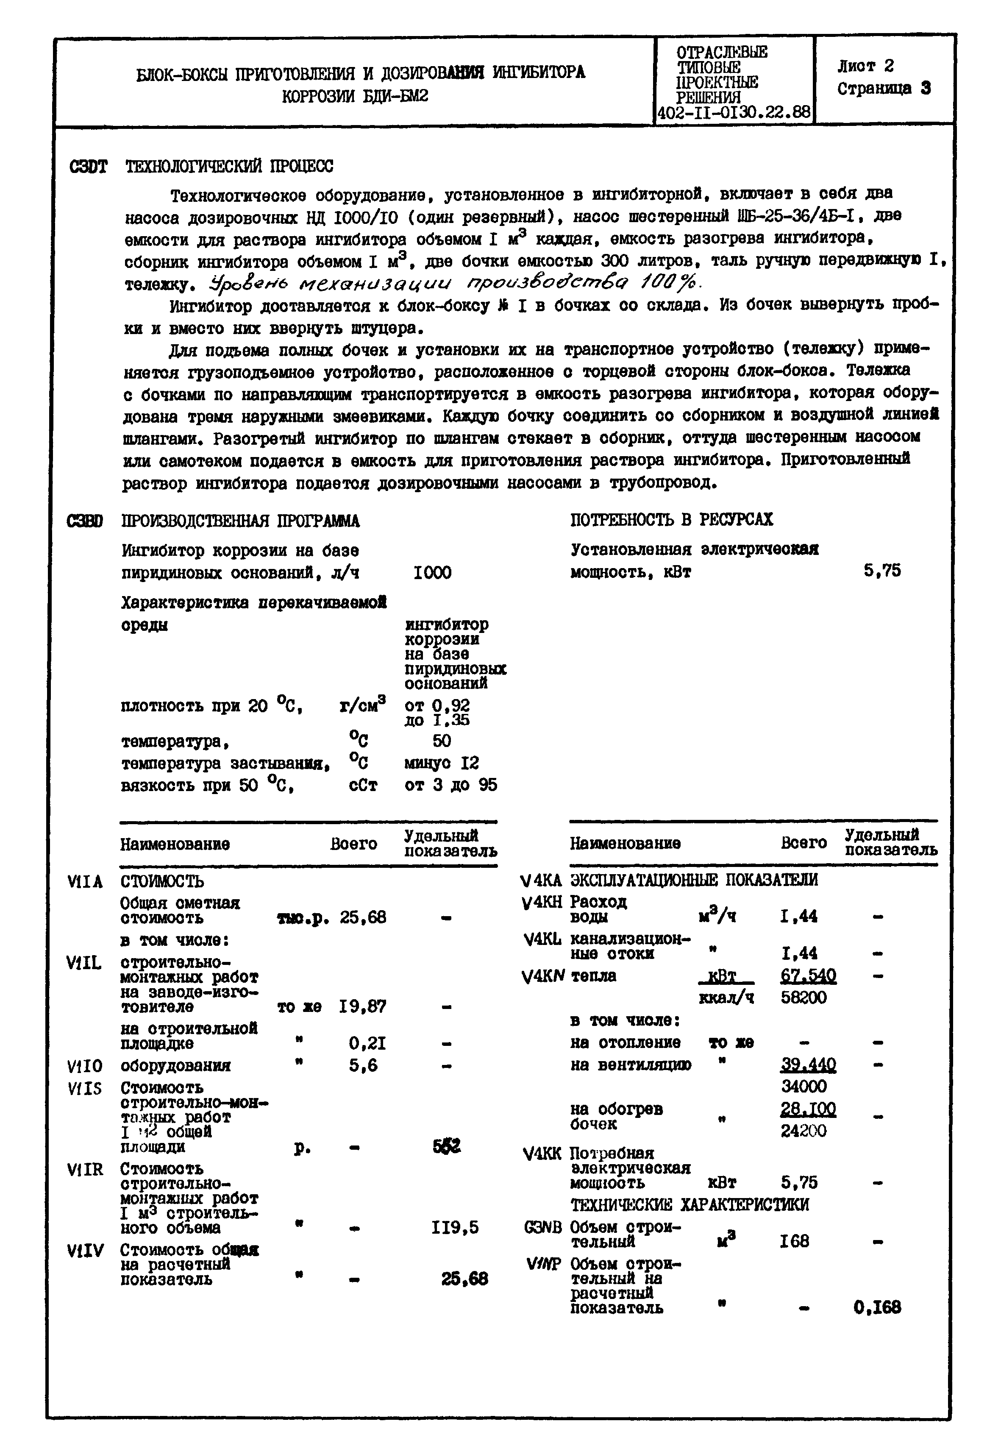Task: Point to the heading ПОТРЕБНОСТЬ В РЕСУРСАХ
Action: click(671, 520)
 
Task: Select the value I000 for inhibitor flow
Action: click(432, 572)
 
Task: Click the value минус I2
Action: click(442, 763)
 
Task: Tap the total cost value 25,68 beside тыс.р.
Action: click(363, 917)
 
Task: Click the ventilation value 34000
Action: click(804, 1086)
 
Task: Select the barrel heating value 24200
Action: click(804, 1131)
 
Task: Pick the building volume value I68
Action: click(794, 1241)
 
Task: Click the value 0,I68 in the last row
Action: click(877, 1308)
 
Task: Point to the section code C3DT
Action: click(88, 167)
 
